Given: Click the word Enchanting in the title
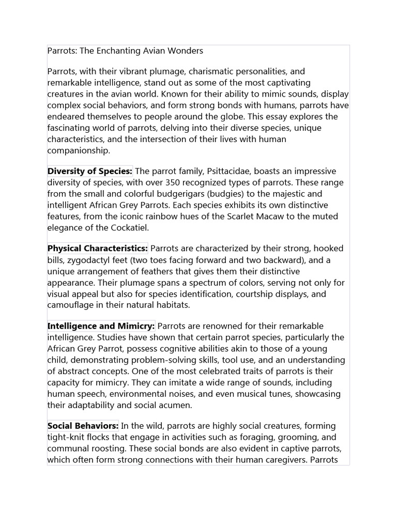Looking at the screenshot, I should coord(114,51).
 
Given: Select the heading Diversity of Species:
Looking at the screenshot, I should coord(90,171).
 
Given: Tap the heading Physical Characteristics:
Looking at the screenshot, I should coord(98,248).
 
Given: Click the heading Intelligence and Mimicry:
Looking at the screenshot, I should coord(101,326).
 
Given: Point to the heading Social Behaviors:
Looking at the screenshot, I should coord(83,426).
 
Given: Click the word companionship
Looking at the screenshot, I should coord(79,150).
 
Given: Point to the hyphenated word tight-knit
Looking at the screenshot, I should coord(65,438).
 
